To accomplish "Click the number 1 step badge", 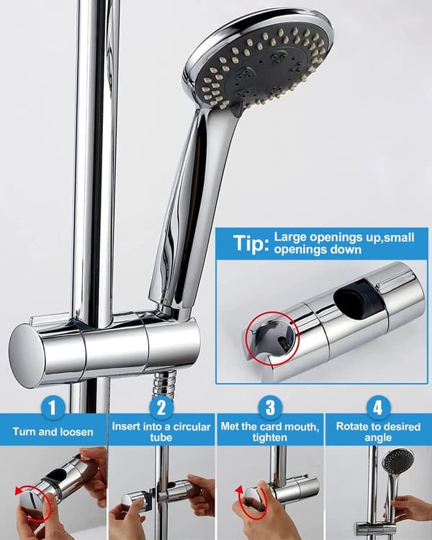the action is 53,408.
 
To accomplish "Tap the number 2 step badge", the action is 161,408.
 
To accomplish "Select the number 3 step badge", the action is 270,408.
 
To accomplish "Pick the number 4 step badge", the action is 378,408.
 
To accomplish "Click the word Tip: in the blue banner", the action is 251,243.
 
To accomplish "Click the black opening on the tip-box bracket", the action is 359,297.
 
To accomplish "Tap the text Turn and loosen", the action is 53,432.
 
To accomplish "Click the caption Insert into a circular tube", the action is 161,432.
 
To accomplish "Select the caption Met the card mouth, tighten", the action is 270,432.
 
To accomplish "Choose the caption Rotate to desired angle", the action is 378,432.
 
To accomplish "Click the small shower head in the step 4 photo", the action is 399,461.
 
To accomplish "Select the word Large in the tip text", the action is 290,238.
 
